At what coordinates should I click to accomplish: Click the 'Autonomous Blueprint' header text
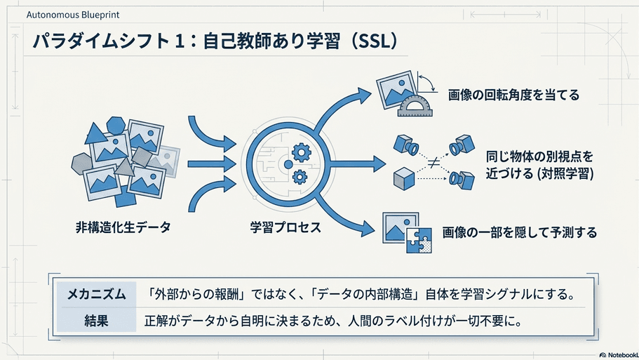pyautogui.click(x=73, y=15)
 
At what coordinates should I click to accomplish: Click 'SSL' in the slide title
pyautogui.click(x=373, y=41)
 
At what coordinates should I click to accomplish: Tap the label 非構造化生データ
pyautogui.click(x=123, y=227)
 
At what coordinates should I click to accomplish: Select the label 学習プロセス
pyautogui.click(x=285, y=227)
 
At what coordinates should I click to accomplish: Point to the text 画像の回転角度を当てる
pyautogui.click(x=514, y=95)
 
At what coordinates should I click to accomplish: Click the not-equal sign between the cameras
pyautogui.click(x=433, y=163)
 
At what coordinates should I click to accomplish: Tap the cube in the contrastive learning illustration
pyautogui.click(x=404, y=178)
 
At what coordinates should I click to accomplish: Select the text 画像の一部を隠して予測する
pyautogui.click(x=520, y=232)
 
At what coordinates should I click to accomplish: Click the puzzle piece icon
pyautogui.click(x=419, y=241)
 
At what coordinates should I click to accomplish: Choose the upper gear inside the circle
pyautogui.click(x=302, y=153)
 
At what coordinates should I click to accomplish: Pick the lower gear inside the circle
pyautogui.click(x=300, y=177)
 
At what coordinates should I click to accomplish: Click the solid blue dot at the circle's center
pyautogui.click(x=288, y=164)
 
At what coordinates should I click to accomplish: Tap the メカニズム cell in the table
pyautogui.click(x=96, y=294)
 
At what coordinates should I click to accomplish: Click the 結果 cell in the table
pyautogui.click(x=96, y=321)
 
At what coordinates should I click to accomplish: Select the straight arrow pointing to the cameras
pyautogui.click(x=356, y=164)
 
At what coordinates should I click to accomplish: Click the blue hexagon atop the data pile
pyautogui.click(x=116, y=125)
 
